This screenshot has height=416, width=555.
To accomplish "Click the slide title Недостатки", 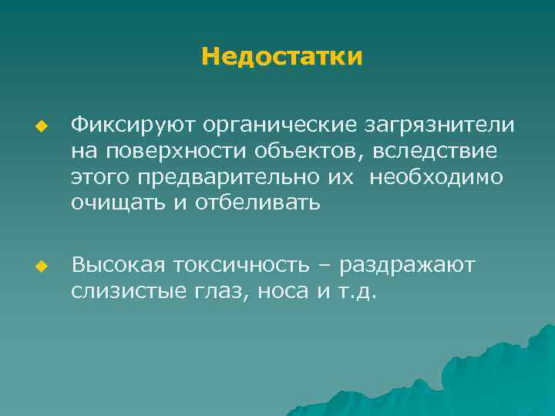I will tap(281, 57).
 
